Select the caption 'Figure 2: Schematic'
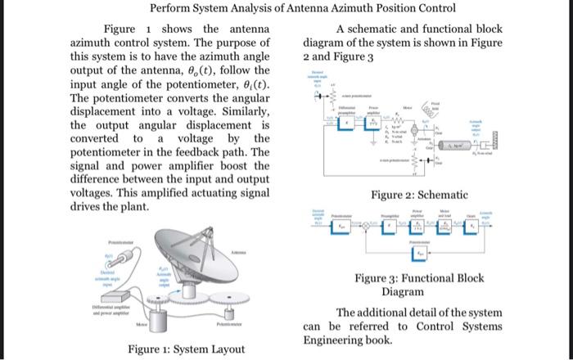[419, 195]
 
